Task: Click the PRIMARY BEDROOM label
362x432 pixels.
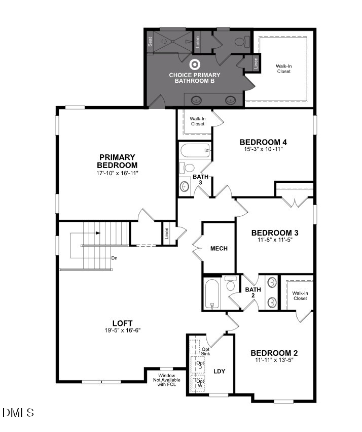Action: [117, 161]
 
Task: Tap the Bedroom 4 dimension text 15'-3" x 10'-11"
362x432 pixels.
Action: [261, 149]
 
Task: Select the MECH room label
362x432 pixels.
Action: [219, 249]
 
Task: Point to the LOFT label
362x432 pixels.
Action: [123, 323]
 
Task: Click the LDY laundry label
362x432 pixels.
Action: [219, 371]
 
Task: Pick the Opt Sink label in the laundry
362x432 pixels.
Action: [205, 351]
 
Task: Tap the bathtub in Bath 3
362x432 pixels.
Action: [195, 151]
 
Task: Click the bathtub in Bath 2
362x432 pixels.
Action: [211, 293]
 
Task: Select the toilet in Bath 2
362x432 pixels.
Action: [231, 282]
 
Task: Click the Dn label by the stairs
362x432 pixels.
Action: [115, 258]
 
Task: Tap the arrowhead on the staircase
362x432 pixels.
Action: [97, 233]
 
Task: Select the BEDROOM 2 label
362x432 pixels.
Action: [274, 353]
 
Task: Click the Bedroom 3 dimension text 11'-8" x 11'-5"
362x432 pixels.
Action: [275, 240]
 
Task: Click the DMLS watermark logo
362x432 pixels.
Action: [18, 412]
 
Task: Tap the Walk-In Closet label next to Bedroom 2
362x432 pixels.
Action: [300, 295]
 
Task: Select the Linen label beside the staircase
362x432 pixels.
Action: [166, 234]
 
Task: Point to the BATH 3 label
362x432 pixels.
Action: [200, 179]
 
